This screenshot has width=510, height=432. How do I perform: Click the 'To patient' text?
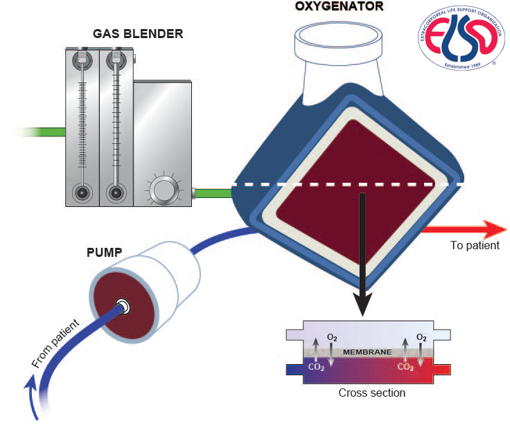pos(474,245)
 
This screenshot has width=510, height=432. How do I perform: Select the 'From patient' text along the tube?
pos(55,343)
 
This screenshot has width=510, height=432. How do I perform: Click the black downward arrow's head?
pos(361,303)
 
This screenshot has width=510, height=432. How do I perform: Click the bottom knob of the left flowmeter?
pos(82,191)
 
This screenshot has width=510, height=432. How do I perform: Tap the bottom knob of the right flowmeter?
pos(115,191)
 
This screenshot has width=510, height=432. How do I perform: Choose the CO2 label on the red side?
pos(405,367)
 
